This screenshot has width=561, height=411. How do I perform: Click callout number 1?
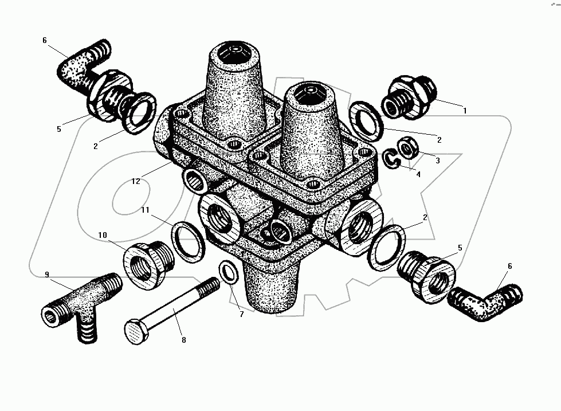(465, 111)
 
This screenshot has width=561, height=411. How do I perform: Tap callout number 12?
(136, 182)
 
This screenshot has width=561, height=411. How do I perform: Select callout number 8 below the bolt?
(184, 340)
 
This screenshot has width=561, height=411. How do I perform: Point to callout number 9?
(47, 275)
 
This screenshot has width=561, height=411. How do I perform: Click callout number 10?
(103, 235)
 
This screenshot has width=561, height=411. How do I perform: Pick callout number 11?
(145, 210)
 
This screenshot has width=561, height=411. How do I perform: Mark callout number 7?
(241, 314)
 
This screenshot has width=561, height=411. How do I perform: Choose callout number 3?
(438, 161)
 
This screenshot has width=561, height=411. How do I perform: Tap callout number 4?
(418, 174)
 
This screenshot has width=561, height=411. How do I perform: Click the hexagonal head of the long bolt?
(136, 332)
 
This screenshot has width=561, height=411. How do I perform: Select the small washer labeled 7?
(229, 273)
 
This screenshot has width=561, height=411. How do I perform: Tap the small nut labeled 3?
(407, 147)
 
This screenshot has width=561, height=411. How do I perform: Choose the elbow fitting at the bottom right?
(485, 302)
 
